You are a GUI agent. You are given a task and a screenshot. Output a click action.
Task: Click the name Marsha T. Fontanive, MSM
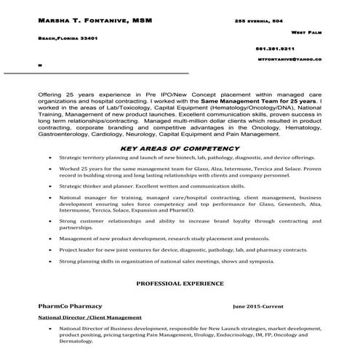click(95, 20)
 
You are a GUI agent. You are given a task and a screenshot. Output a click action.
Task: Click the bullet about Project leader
click(183, 249)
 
